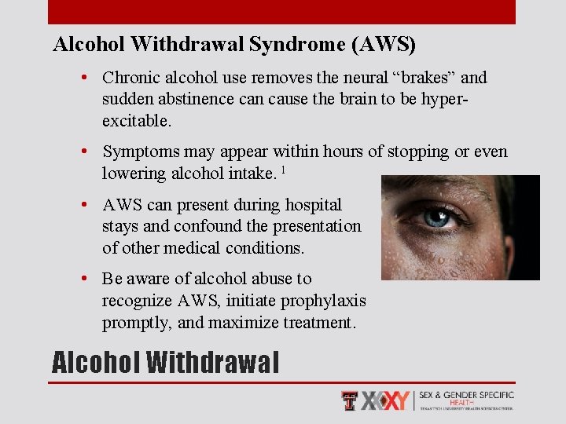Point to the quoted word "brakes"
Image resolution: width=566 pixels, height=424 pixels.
coord(420,78)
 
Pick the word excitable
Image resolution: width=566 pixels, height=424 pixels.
coord(134,121)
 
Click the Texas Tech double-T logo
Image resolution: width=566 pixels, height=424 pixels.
coord(351,400)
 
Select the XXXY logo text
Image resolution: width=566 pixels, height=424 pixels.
coord(385,400)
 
